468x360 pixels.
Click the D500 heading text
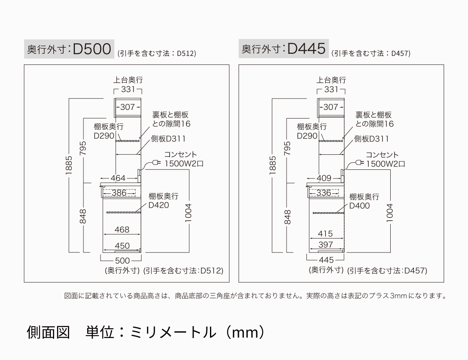click(x=92, y=49)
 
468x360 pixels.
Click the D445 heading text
click(x=306, y=49)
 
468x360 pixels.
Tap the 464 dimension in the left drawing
click(x=118, y=178)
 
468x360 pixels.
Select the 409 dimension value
click(x=324, y=178)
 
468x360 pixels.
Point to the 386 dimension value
click(x=119, y=193)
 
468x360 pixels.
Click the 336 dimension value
click(x=324, y=193)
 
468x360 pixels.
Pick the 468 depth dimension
click(x=122, y=230)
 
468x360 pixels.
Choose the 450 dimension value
click(x=122, y=246)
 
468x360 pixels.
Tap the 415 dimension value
click(x=325, y=234)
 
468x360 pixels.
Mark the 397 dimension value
click(x=326, y=245)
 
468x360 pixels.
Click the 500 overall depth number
click(x=122, y=260)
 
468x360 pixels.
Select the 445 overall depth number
click(x=326, y=260)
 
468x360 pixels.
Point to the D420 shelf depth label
click(x=159, y=205)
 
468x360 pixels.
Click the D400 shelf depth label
click(x=360, y=206)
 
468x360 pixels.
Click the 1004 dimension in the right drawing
click(x=390, y=212)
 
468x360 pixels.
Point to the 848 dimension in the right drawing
click(x=288, y=217)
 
